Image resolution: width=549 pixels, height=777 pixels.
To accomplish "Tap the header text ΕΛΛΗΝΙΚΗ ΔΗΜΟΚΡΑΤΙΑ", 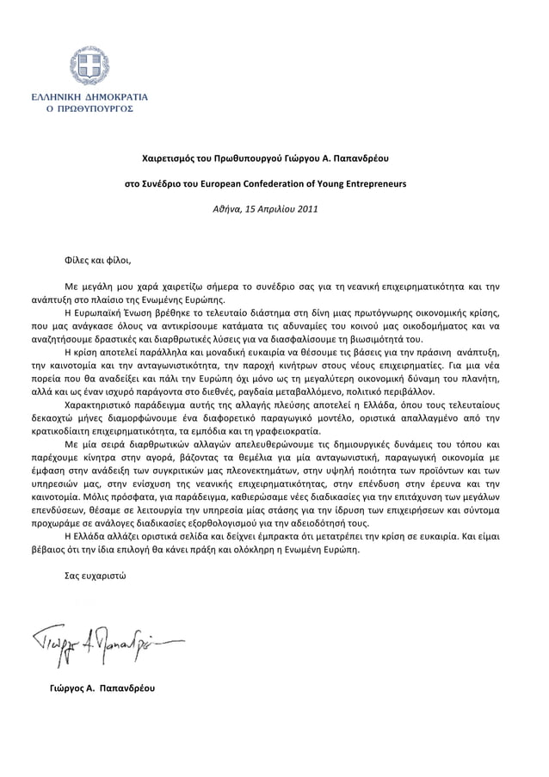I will [x=89, y=98].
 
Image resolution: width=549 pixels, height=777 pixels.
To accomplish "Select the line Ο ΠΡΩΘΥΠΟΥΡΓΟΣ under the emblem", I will [x=89, y=112].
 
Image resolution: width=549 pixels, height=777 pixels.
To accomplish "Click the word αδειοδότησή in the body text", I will [x=319, y=521].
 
